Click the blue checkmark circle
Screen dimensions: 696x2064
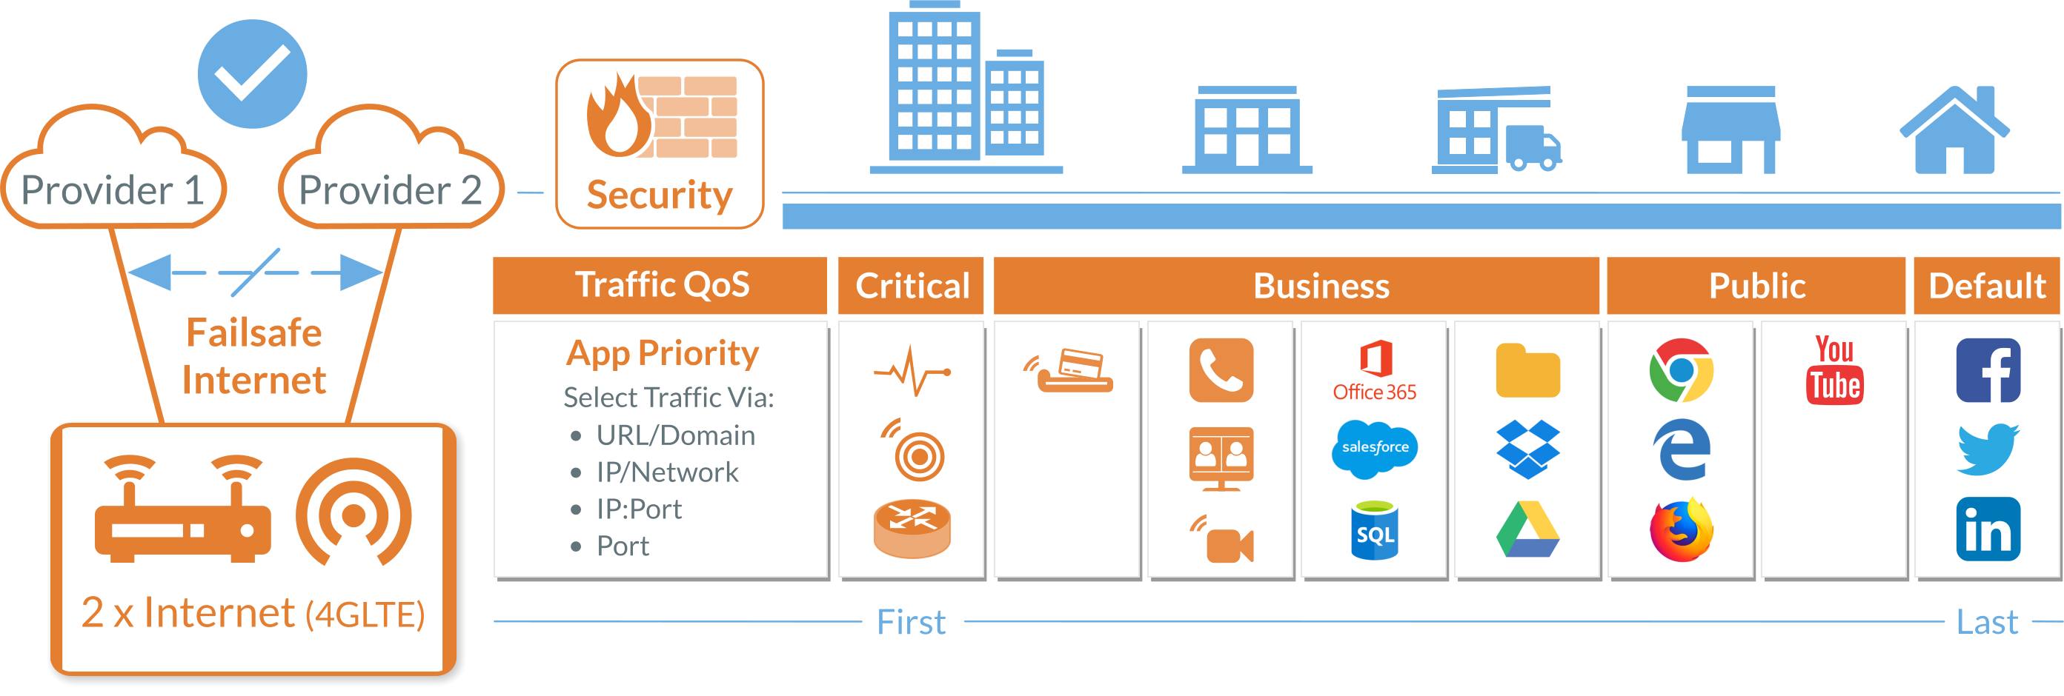point(253,74)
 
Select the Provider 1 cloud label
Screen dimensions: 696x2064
point(113,190)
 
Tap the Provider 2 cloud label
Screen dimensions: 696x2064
point(391,190)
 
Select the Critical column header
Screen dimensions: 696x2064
point(912,286)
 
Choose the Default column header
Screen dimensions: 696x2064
point(1986,286)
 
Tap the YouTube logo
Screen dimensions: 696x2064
point(1834,370)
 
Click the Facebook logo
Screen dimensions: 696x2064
point(1988,370)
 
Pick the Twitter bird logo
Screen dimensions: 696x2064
point(1988,449)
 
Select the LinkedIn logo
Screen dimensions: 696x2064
point(1988,529)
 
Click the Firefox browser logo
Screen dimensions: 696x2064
point(1681,529)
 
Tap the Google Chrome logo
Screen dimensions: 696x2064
point(1681,370)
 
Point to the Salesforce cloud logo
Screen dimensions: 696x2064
point(1375,448)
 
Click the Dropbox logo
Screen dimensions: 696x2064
point(1528,449)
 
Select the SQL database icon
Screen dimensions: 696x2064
point(1375,530)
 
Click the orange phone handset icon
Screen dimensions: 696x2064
point(1221,370)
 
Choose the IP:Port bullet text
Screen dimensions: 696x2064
point(639,509)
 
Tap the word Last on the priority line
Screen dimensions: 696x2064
point(1986,622)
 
